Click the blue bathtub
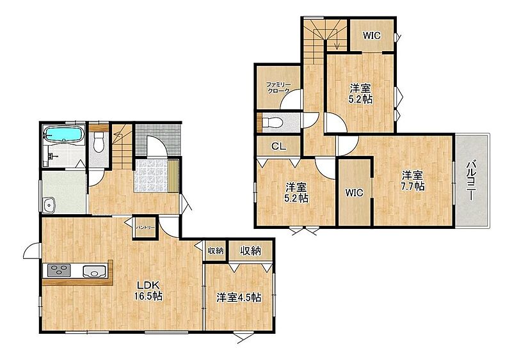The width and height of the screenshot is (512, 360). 64,134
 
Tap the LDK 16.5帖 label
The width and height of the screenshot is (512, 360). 149,290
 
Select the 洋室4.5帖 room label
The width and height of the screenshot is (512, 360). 239,298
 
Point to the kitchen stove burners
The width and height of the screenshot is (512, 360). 59,271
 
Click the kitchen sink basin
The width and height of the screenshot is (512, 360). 94,271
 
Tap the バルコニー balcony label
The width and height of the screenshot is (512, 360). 470,180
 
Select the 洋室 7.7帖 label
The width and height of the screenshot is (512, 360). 412,180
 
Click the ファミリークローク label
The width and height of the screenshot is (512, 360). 278,88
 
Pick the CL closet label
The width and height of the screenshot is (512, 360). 279,146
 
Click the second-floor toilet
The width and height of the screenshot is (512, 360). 271,123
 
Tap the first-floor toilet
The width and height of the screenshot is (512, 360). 99,145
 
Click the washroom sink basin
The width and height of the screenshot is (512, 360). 49,205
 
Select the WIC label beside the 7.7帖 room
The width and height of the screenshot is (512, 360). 355,192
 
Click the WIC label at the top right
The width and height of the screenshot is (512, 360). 372,36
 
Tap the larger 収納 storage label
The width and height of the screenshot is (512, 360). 250,251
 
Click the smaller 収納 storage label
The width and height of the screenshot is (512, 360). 216,251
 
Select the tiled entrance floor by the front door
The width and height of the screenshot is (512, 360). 152,175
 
